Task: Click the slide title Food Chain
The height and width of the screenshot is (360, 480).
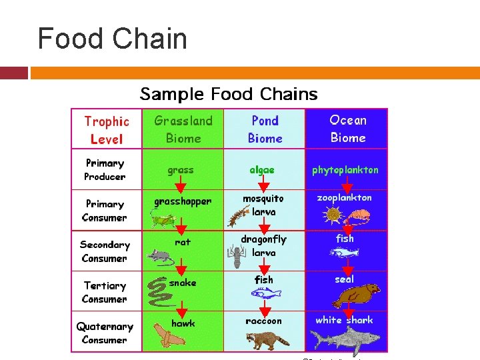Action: click(112, 39)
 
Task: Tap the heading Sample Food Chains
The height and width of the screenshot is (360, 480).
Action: click(229, 94)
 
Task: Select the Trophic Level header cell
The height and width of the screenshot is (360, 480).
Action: click(107, 130)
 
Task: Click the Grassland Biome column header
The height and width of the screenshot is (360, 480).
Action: click(183, 129)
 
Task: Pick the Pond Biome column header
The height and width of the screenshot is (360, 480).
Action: click(265, 129)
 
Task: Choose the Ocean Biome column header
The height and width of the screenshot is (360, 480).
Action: click(347, 129)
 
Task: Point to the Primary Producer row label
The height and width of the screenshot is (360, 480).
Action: click(105, 170)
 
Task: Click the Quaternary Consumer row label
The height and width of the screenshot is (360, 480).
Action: click(105, 333)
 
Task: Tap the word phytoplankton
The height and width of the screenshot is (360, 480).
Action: click(345, 170)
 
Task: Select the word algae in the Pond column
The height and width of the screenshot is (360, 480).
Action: click(262, 170)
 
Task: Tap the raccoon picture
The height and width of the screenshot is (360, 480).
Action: click(267, 339)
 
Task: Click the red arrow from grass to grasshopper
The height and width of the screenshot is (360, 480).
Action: click(181, 185)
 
